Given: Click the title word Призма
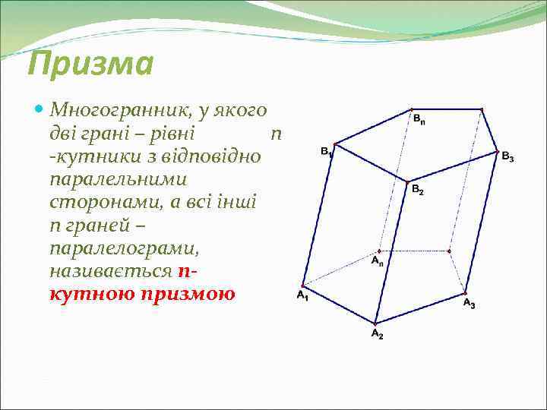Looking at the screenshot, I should pos(90,65).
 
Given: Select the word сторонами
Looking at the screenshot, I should pos(97,203).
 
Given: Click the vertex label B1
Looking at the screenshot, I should pos(326,152).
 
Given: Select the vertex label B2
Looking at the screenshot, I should pos(418,191).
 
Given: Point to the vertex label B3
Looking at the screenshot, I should pos(507,158).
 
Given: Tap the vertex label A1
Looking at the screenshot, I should pos(302,295).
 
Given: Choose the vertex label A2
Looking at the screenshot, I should pos(377,335).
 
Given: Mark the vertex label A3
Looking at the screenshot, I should pos(469,304).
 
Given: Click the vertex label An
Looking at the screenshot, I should pos(378,262).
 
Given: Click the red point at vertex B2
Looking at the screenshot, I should pos(407,181).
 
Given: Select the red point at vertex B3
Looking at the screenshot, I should pos(498,150).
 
